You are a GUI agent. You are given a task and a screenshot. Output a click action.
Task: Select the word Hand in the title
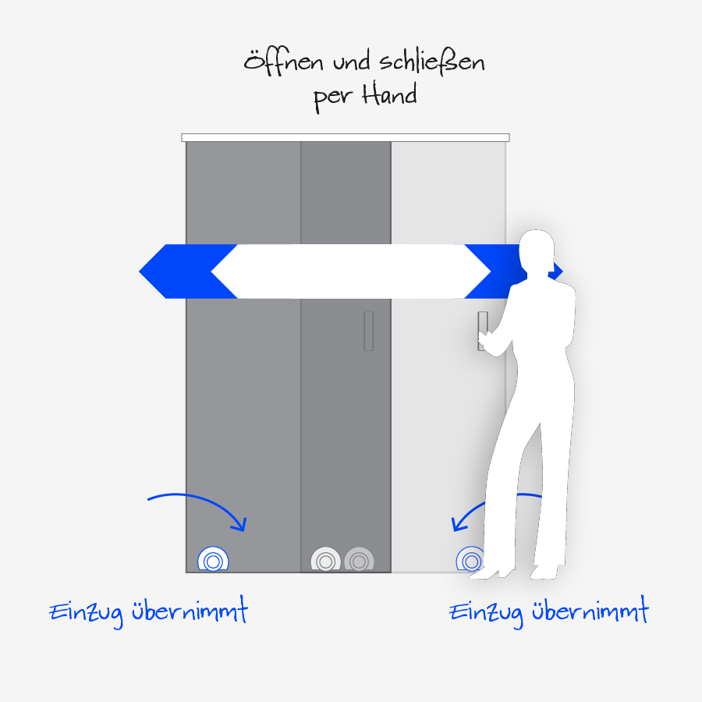click(389, 95)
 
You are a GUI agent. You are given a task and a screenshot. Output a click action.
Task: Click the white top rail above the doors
click(346, 137)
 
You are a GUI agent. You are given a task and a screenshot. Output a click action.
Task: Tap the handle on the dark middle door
click(368, 331)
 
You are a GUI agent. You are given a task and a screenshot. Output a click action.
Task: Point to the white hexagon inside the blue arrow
click(351, 271)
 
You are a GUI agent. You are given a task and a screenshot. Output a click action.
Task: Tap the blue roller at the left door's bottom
click(212, 559)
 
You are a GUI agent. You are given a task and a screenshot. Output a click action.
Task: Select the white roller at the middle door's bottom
click(325, 560)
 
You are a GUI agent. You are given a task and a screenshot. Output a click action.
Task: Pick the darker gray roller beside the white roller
click(359, 560)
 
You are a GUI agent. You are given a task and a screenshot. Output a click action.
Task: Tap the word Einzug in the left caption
click(86, 612)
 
